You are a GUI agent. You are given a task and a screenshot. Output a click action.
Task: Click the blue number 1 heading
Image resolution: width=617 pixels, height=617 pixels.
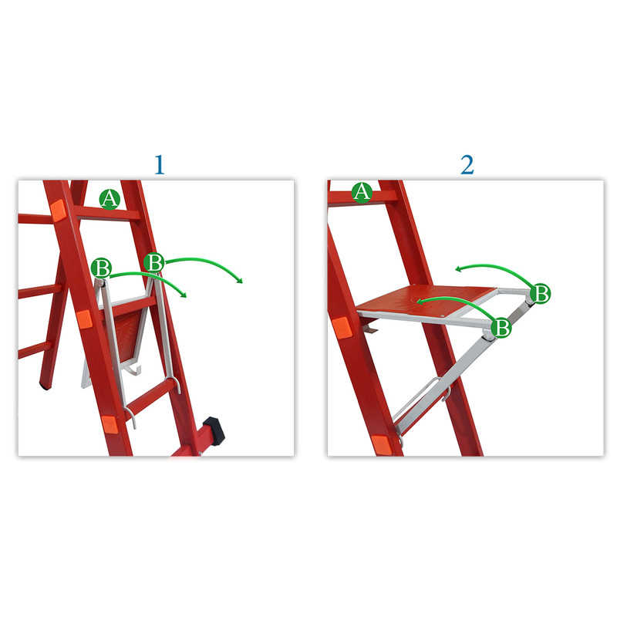(160, 165)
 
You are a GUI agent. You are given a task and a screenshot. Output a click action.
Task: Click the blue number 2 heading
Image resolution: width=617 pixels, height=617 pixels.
(467, 165)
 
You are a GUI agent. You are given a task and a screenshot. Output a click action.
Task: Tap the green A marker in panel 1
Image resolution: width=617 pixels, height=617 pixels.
(110, 199)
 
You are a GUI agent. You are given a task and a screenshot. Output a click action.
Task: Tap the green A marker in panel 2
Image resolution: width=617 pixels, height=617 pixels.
(362, 192)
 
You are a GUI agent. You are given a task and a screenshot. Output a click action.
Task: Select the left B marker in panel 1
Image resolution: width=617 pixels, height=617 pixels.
(102, 268)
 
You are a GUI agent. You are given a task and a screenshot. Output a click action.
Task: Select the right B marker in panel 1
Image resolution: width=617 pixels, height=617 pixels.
(153, 261)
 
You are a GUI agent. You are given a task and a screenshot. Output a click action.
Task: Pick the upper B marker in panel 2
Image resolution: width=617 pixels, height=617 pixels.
(541, 294)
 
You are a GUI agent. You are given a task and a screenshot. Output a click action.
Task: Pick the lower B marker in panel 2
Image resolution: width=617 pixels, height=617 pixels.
(501, 327)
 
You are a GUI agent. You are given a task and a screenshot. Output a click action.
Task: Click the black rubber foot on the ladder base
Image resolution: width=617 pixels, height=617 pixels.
(214, 432)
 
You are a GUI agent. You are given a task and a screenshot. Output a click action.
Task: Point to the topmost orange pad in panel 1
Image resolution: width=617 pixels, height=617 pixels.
(58, 211)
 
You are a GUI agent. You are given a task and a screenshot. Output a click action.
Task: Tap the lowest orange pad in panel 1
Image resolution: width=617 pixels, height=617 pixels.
(110, 425)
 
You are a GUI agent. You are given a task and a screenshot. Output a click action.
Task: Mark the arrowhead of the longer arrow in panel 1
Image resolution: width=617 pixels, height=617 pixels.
(239, 280)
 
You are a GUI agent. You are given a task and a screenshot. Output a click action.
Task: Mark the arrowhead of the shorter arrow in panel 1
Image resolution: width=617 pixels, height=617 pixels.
(183, 295)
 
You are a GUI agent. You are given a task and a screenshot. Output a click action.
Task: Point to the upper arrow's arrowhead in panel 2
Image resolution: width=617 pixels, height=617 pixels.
(459, 269)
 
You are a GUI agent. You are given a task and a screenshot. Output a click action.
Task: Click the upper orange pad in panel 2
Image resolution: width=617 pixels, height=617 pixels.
(342, 327)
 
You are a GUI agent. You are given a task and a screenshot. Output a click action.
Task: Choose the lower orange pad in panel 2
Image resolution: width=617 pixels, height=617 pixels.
(381, 445)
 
